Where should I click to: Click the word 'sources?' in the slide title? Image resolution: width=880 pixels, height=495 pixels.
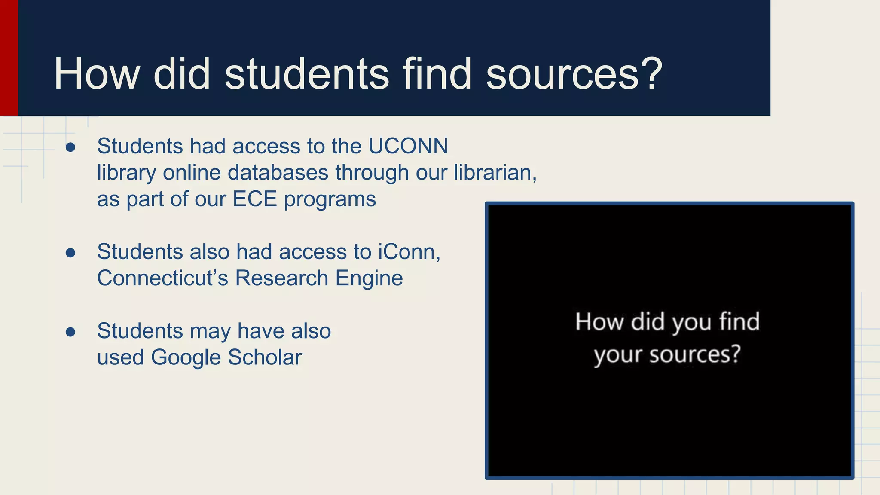pos(574,74)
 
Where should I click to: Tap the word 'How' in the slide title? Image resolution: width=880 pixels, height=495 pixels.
pos(96,74)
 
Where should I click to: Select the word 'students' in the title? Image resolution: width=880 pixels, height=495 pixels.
pos(306,74)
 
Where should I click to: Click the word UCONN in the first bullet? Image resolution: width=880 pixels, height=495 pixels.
pos(408,146)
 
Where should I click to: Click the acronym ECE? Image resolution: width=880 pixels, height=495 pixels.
pos(254,199)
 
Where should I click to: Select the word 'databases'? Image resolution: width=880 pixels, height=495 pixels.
pos(278,173)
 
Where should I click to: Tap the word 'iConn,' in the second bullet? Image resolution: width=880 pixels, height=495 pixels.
pos(409,252)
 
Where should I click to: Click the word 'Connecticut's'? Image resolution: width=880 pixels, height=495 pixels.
pos(162,278)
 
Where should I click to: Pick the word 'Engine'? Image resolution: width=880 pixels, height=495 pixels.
pos(369,278)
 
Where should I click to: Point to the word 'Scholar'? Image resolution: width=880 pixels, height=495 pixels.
pos(265,357)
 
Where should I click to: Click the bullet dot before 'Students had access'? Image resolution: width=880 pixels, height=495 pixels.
pos(70,147)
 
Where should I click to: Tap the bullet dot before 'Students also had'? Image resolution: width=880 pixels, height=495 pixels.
pos(70,253)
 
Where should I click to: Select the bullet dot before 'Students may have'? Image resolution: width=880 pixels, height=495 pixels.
pos(70,332)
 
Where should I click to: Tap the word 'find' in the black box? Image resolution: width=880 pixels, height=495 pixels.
pos(739,322)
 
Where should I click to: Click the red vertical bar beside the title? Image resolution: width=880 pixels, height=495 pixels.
pos(9,58)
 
